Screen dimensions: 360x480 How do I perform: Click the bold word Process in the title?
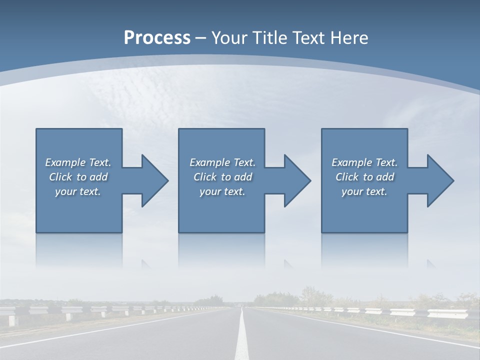click(x=157, y=38)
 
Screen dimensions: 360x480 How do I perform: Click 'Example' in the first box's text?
click(x=65, y=162)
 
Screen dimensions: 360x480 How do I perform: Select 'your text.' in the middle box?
click(x=222, y=191)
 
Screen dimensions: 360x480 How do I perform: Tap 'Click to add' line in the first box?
click(x=78, y=177)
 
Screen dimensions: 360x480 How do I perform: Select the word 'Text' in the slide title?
click(x=306, y=38)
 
